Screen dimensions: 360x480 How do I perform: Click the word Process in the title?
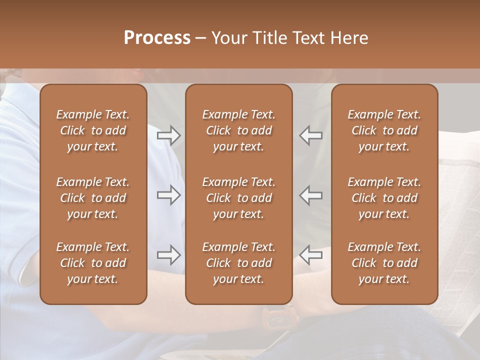coord(157,38)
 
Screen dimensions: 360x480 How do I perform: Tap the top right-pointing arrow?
coord(168,135)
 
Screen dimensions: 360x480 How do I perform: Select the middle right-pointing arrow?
coord(168,195)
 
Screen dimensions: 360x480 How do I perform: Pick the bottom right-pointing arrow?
coord(168,255)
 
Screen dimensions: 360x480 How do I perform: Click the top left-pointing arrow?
coord(310,135)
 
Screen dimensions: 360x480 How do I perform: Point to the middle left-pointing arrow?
coord(310,195)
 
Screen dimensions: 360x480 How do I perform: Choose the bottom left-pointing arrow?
coord(310,255)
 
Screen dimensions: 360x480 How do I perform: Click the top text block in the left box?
coord(93,130)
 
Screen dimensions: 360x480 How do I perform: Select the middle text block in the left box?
coord(93,198)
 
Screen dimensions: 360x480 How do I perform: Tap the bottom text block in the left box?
coord(93,263)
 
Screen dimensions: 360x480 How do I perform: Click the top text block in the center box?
coord(238,130)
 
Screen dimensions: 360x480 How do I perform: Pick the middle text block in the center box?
coord(238,198)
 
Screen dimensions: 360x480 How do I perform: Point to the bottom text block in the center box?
coord(238,263)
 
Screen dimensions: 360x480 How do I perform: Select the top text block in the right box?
coord(384,130)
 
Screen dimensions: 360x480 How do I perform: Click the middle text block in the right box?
coord(384,198)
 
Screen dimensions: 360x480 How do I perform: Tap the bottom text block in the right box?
coord(384,263)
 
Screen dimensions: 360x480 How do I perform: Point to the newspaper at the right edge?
coord(457,200)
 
